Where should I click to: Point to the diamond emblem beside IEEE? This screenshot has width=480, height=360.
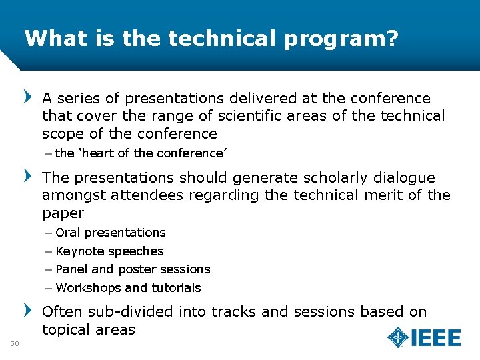398,337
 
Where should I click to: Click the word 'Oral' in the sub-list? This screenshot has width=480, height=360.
68,233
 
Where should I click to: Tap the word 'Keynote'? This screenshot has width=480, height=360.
80,251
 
